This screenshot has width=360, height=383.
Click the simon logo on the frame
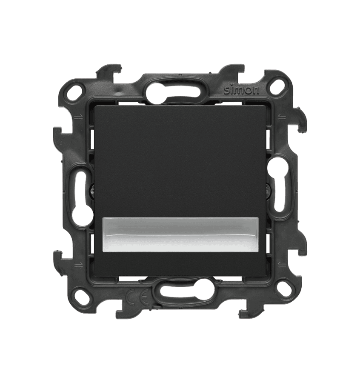tap(241, 90)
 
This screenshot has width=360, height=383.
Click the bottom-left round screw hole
tap(80, 295)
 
